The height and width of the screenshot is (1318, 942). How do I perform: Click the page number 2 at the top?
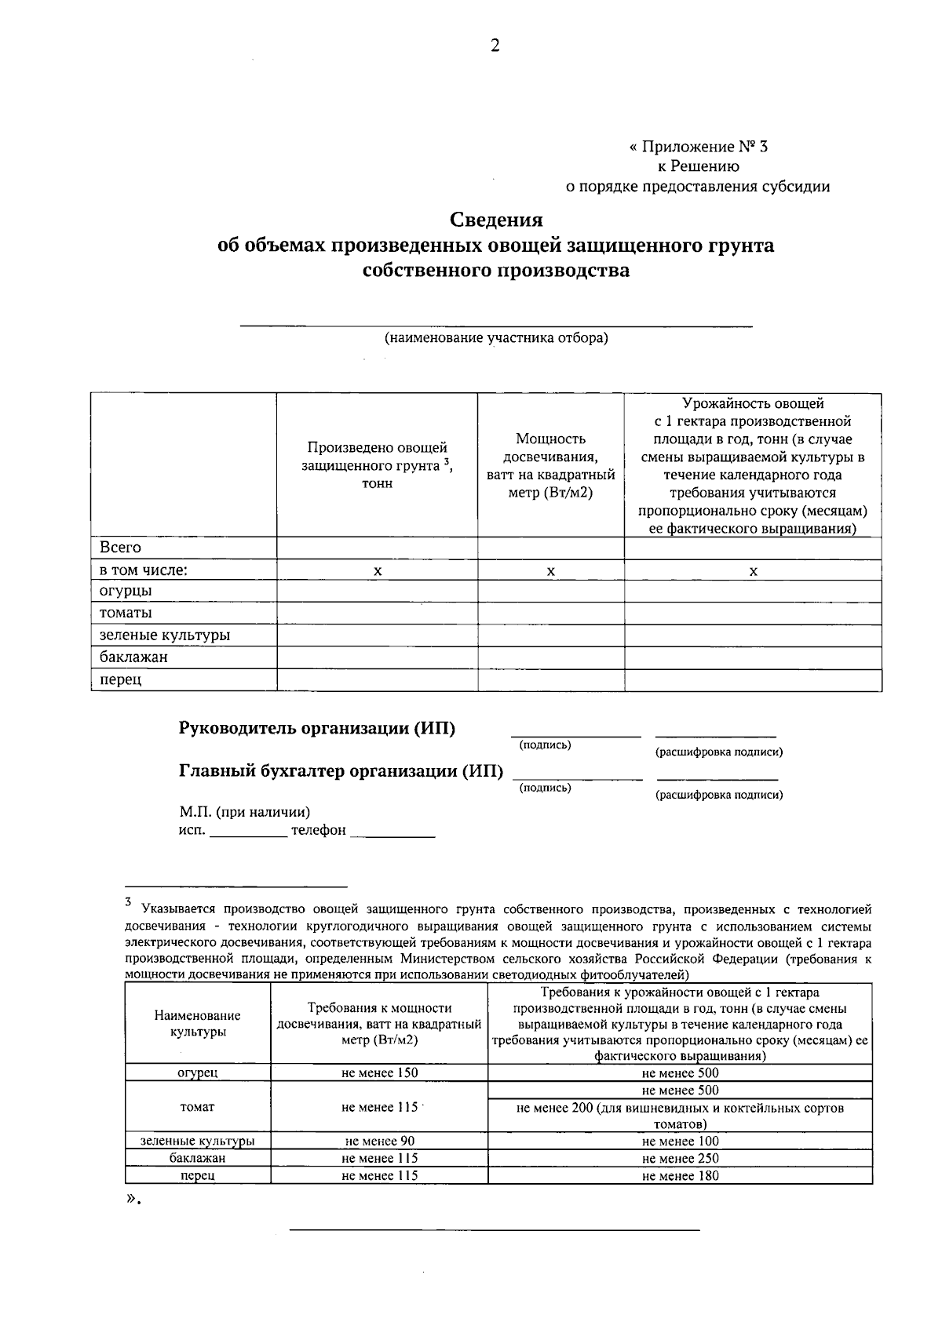(x=495, y=46)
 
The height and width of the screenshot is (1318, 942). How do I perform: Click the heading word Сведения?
(x=495, y=219)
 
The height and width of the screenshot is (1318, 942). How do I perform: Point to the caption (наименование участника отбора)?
(x=495, y=338)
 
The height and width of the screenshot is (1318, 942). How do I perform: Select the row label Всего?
(x=120, y=547)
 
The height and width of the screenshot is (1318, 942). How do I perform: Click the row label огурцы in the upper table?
(x=126, y=590)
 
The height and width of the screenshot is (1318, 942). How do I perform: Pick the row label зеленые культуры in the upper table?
(x=164, y=635)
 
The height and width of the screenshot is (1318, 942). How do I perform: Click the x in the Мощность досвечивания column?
(x=550, y=571)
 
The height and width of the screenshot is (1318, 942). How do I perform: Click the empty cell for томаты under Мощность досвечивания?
(x=550, y=613)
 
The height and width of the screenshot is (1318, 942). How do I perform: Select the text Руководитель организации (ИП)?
(x=317, y=728)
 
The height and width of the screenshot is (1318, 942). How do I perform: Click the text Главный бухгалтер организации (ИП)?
(x=341, y=770)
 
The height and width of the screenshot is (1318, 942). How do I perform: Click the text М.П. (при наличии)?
(x=244, y=812)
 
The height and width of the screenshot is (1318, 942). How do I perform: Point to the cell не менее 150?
(x=379, y=1072)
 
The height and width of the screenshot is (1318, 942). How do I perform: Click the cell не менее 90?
(x=379, y=1141)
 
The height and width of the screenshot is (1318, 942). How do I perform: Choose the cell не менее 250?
(x=680, y=1158)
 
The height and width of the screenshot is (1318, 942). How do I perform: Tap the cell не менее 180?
(x=680, y=1175)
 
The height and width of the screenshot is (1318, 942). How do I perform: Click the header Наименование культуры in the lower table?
(x=198, y=1023)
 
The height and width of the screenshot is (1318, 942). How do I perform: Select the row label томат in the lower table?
(x=198, y=1107)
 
